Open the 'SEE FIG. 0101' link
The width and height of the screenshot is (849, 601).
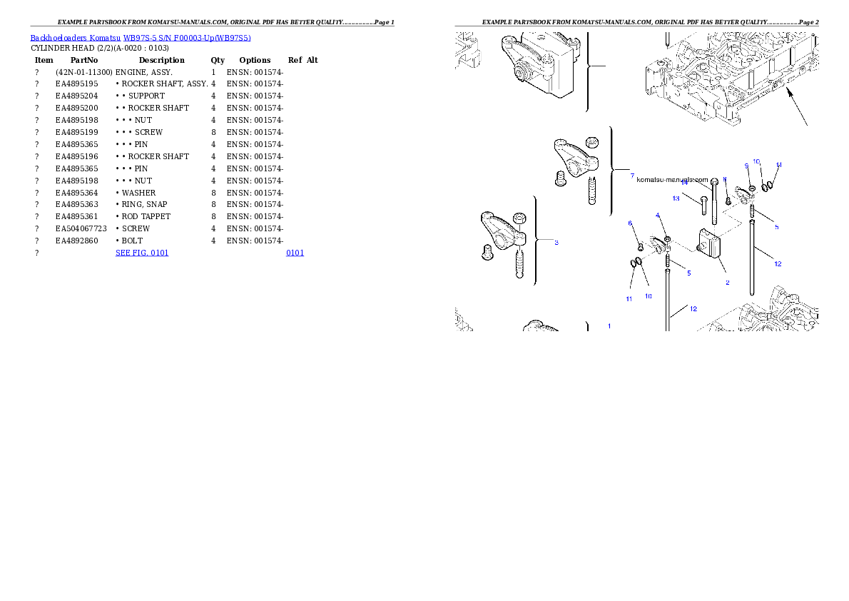142,253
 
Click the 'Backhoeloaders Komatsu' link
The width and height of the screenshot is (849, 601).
75,38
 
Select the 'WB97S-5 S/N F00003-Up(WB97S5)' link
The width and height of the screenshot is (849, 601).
187,38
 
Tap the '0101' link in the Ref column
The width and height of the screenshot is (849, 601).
295,253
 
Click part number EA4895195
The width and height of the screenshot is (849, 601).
77,84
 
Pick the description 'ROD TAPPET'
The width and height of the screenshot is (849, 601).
146,217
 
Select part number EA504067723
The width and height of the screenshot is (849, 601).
81,228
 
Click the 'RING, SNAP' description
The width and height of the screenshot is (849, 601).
145,204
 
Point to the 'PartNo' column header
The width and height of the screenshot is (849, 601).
84,60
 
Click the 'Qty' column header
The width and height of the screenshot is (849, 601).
218,60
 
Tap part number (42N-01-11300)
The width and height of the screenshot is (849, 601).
84,72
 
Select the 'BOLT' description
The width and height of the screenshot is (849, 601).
132,241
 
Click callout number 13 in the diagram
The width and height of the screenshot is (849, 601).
676,198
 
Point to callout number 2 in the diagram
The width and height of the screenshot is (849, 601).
727,283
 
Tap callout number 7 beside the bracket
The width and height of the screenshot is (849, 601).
632,176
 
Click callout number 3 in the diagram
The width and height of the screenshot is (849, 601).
556,242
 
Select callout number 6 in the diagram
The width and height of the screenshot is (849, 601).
630,223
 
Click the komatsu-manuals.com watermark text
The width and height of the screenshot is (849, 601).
672,179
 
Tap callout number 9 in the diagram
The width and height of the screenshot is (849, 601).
746,166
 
